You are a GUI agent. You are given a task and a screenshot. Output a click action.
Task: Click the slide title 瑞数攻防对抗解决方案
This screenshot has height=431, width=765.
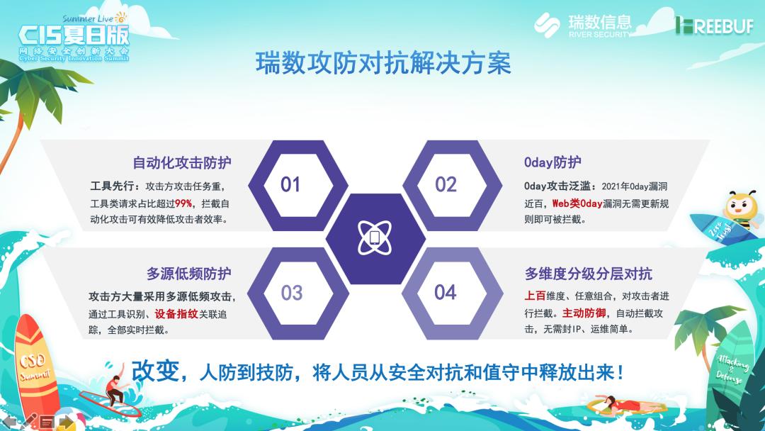coord(382,64)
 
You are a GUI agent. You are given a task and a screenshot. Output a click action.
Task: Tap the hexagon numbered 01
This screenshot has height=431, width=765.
coord(290,185)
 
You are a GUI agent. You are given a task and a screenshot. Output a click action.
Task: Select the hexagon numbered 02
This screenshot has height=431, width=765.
coord(446,185)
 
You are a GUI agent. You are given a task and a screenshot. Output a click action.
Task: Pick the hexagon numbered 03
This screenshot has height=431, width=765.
coord(291,293)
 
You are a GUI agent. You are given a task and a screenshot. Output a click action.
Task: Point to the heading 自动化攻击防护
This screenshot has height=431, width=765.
coord(182,162)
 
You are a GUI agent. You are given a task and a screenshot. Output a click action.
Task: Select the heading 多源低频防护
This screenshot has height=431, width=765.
coord(188,274)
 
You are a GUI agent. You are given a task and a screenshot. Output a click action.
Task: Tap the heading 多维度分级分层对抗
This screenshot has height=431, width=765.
coord(588,274)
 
